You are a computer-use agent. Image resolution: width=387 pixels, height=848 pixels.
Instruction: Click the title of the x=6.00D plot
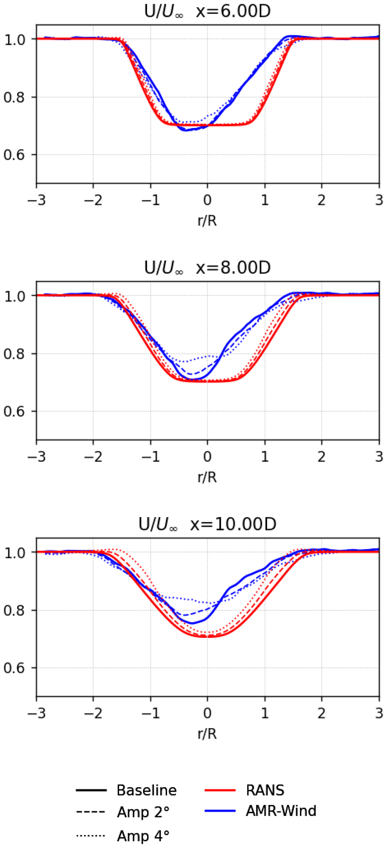(207, 11)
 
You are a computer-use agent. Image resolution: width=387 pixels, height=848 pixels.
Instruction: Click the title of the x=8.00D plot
(207, 268)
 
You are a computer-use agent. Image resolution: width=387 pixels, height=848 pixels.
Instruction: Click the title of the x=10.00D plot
(207, 524)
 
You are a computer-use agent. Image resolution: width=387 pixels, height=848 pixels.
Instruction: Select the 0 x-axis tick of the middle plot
(207, 457)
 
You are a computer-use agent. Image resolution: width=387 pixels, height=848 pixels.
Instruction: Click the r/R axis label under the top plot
(207, 221)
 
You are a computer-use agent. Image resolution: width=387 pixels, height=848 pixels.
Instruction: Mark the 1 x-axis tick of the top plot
(265, 200)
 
